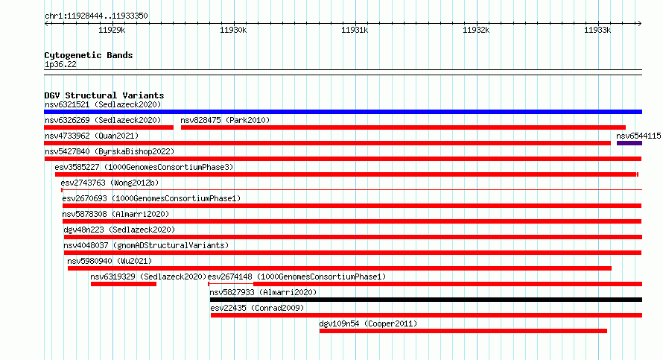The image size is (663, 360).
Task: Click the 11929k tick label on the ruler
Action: pyautogui.click(x=112, y=30)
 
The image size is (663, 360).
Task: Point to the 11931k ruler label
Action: pyautogui.click(x=355, y=30)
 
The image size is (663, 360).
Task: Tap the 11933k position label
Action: pyautogui.click(x=597, y=30)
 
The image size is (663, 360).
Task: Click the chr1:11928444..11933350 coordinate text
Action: pyautogui.click(x=96, y=16)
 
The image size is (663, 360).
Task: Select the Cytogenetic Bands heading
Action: pyautogui.click(x=89, y=55)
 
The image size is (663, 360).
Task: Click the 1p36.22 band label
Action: pyautogui.click(x=60, y=64)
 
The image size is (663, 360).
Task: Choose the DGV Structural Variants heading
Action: pyautogui.click(x=104, y=95)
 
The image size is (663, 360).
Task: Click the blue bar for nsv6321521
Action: pyautogui.click(x=343, y=112)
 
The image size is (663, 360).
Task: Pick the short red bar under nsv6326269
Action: pyautogui.click(x=109, y=127)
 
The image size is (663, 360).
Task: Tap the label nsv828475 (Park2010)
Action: pyautogui.click(x=225, y=120)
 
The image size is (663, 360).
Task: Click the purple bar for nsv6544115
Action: pyautogui.click(x=629, y=143)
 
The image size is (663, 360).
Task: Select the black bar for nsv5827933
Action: pyautogui.click(x=426, y=300)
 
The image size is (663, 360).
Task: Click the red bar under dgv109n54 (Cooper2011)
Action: pyautogui.click(x=463, y=331)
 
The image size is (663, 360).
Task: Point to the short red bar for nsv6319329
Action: pyautogui.click(x=124, y=284)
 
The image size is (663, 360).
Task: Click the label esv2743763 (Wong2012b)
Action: pyautogui.click(x=110, y=183)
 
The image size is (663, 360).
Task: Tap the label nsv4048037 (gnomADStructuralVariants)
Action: pyautogui.click(x=146, y=245)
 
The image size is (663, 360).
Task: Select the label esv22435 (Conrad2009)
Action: pyautogui.click(x=257, y=308)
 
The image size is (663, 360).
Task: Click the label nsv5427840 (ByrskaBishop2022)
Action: pyautogui.click(x=110, y=151)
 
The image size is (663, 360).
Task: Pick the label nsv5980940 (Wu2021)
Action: pyautogui.click(x=110, y=261)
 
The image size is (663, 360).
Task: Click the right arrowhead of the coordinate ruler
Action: pyautogui.click(x=640, y=24)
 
